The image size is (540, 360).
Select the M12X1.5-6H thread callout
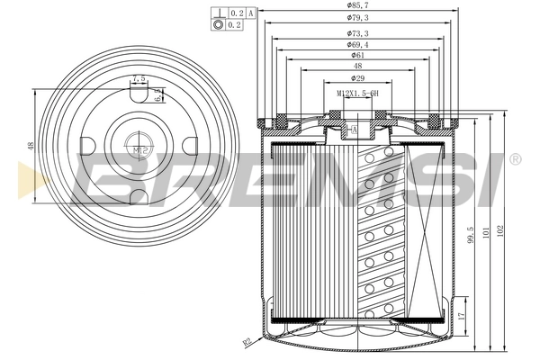tap(357, 94)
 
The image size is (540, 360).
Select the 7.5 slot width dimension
tap(138, 80)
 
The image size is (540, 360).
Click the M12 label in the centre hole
tap(138, 149)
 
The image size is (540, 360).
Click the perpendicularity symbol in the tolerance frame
tap(218, 13)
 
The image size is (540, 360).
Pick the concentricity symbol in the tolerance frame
tap(218, 25)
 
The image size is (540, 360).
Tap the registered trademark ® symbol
tap(515, 159)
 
